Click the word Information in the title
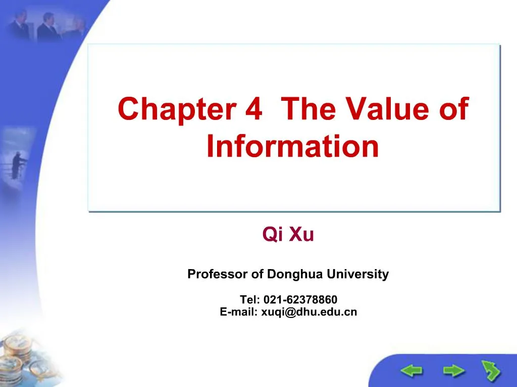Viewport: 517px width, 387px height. [x=293, y=146]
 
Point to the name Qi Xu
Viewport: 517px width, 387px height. [x=288, y=235]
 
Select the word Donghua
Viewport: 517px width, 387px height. [x=295, y=275]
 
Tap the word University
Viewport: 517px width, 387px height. [x=357, y=275]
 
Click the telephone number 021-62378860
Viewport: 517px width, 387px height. [x=300, y=300]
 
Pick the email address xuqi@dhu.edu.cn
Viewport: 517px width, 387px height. [x=309, y=312]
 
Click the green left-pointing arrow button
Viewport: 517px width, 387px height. [x=412, y=372]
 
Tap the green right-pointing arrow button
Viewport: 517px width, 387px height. [x=454, y=372]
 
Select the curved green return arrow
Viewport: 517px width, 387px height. [x=490, y=371]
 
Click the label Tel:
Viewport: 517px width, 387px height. [x=249, y=300]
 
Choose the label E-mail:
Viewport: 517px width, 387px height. [x=239, y=312]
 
